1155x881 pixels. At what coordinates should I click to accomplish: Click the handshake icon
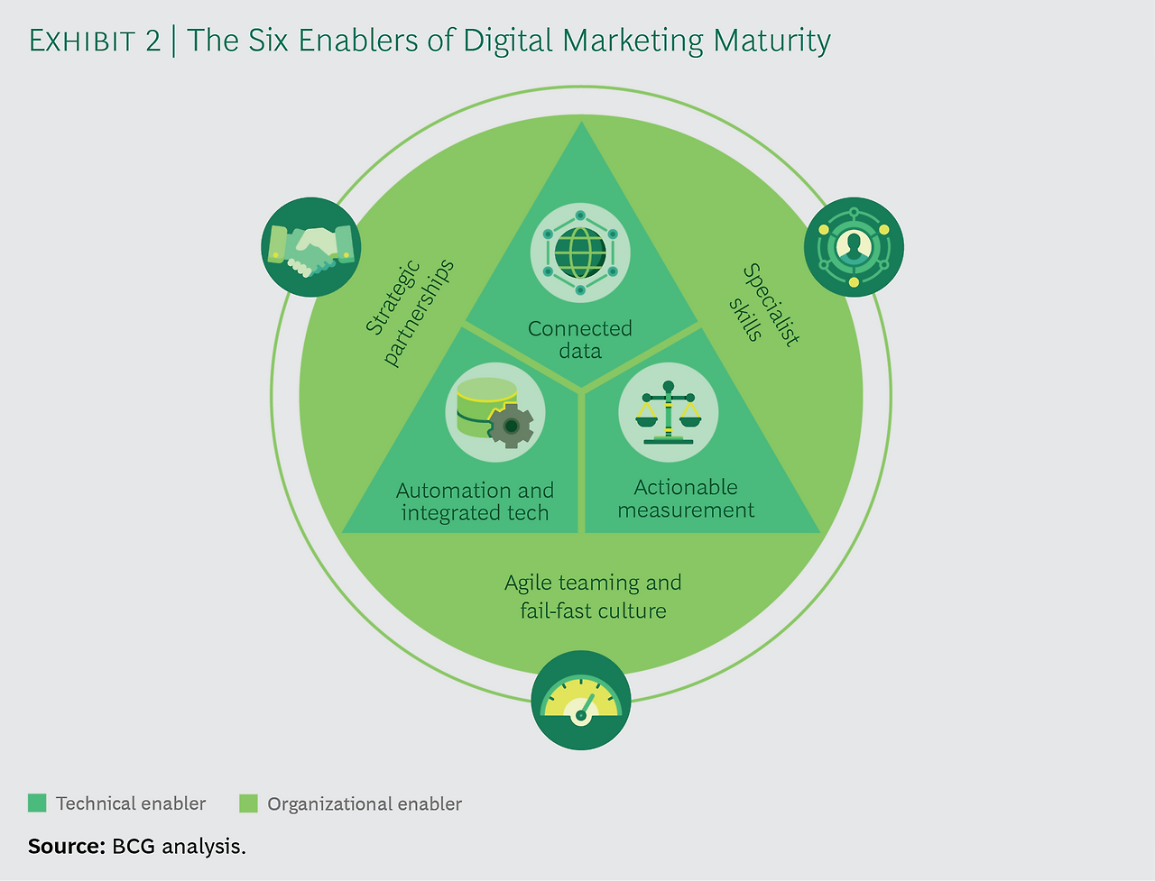pos(310,247)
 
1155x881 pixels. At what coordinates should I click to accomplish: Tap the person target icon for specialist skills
pos(854,246)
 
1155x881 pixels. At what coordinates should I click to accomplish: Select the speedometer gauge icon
pos(581,701)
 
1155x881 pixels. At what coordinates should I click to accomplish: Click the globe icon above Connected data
pos(580,252)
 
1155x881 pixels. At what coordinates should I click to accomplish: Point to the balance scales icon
pos(668,412)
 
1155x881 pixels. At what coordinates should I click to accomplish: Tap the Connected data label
pos(580,340)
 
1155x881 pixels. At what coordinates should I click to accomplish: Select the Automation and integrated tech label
pos(475,502)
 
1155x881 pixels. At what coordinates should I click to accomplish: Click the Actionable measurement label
pos(686,499)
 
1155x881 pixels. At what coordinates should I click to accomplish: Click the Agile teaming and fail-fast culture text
pos(593,596)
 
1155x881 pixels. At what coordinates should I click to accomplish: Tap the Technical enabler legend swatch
pos(37,803)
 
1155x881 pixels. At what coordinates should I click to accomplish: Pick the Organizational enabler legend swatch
pos(248,803)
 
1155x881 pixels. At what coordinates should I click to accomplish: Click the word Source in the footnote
pos(67,846)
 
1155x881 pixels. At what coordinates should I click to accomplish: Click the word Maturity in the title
pos(772,41)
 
